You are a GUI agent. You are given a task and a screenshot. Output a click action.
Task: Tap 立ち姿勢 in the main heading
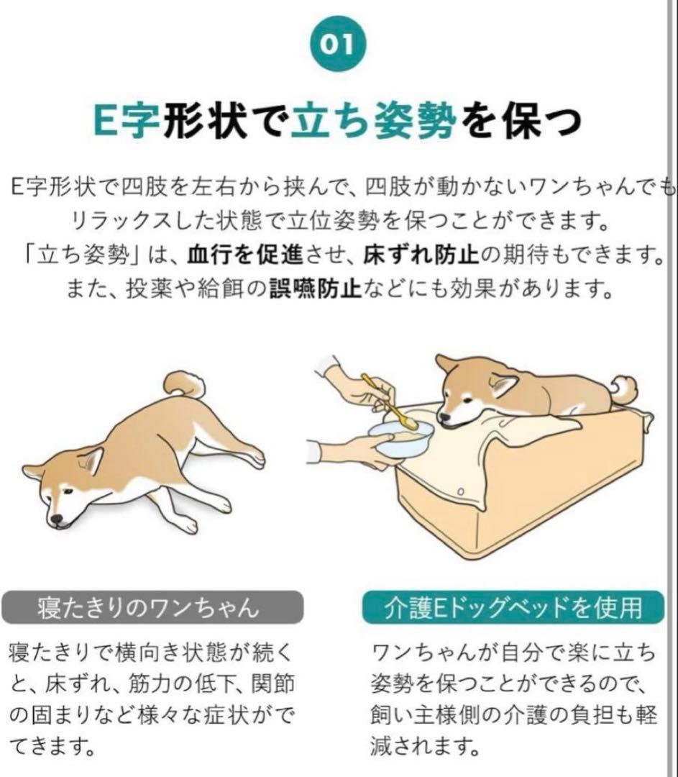374,121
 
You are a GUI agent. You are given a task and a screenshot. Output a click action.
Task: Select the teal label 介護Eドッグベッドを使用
513,608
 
